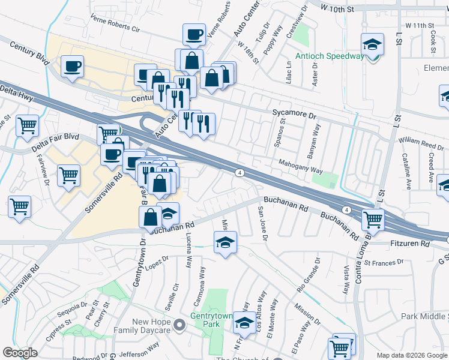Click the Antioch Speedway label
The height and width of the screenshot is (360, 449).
(x=330, y=56)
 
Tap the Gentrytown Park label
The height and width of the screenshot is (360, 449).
(x=211, y=320)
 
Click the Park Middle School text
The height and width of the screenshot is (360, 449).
(x=424, y=316)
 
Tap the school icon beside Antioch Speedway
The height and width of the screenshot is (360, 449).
(x=372, y=44)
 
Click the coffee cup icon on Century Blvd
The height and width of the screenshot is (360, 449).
(x=72, y=66)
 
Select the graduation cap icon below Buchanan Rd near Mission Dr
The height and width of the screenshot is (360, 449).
(x=226, y=242)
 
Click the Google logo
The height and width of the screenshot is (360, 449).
(x=20, y=352)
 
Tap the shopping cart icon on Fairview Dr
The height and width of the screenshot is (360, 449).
(x=68, y=176)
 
